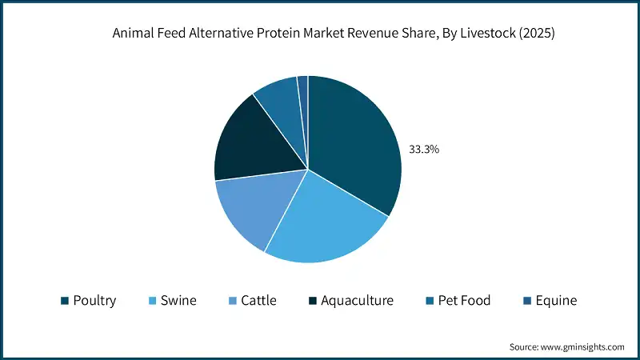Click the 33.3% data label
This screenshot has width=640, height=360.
[424, 150]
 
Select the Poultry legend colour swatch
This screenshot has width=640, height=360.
[65, 301]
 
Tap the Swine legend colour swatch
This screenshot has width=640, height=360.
[152, 301]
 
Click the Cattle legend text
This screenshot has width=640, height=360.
[258, 301]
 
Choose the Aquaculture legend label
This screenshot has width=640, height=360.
[357, 301]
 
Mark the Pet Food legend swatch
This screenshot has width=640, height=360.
[430, 301]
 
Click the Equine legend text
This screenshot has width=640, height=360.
[556, 301]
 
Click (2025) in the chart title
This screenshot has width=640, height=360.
[537, 33]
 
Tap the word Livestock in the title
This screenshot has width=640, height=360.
[488, 33]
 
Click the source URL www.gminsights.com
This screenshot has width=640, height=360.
[582, 347]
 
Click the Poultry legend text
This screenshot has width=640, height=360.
[94, 301]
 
